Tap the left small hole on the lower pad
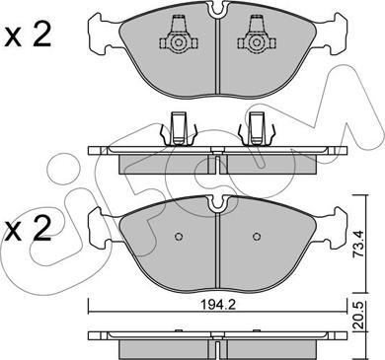coord(178,237)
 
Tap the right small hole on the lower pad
coord(258,237)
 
